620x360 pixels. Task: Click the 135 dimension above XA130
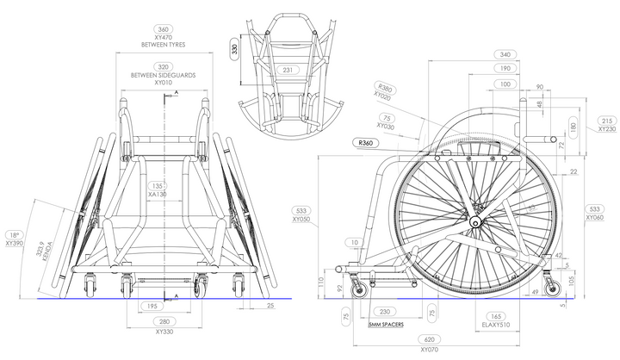[x=157, y=185]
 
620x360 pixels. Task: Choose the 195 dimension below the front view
[x=150, y=306]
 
